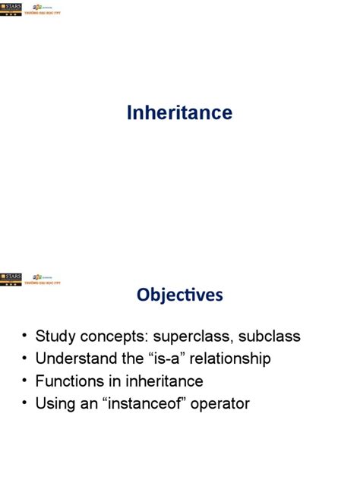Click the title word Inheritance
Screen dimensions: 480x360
179,113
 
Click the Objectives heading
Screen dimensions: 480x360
180,295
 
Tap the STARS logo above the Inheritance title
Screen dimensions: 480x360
11,8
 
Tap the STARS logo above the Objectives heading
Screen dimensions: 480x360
11,279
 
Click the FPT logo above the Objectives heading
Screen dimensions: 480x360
42,279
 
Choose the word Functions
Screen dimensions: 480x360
69,381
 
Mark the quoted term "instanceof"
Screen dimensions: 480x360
145,404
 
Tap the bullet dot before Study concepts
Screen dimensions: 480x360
25,336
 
